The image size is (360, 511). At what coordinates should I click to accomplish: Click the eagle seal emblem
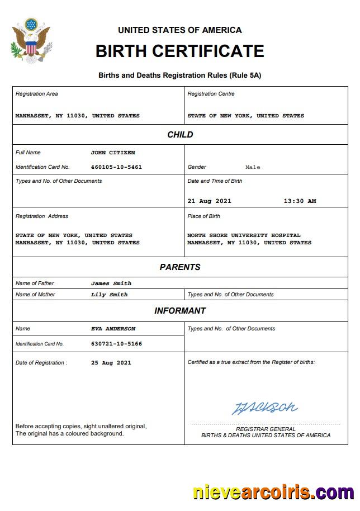[x=31, y=40]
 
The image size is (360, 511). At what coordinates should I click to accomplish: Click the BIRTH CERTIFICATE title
[x=179, y=51]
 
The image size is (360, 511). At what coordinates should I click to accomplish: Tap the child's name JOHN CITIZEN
[x=113, y=153]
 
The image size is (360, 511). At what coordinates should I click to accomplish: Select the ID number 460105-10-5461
[x=116, y=167]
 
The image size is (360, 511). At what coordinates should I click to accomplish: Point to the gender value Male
[x=253, y=167]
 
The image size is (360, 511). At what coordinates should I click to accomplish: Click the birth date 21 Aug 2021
[x=209, y=201]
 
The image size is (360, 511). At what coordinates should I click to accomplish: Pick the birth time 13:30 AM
[x=300, y=201]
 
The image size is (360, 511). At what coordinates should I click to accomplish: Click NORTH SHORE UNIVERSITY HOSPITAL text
[x=244, y=235]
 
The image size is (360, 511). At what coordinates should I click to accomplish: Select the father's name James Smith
[x=111, y=283]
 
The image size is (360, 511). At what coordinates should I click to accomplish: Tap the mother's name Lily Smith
[x=109, y=295]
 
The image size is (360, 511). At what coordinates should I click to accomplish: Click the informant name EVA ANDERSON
[x=113, y=329]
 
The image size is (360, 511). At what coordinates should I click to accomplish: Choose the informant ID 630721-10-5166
[x=116, y=344]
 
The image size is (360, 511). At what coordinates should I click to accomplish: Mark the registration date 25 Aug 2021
[x=111, y=363]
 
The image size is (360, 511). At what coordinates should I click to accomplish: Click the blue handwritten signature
[x=264, y=408]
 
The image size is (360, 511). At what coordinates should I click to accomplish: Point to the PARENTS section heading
[x=180, y=267]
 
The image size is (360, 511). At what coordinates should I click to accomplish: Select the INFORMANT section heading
[x=180, y=311]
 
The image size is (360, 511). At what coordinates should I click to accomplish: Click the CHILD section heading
[x=180, y=135]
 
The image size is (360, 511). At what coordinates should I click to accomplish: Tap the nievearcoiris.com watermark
[x=273, y=493]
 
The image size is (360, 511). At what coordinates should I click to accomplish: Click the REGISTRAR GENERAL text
[x=266, y=429]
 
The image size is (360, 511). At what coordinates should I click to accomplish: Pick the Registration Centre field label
[x=211, y=94]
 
